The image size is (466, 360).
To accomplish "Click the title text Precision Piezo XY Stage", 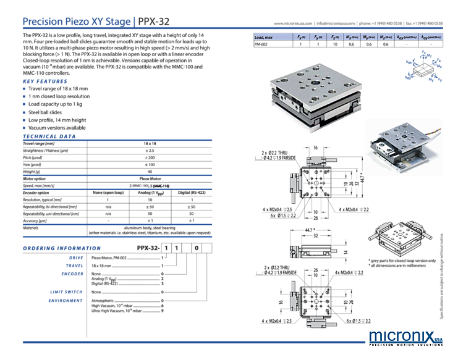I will click(76, 22).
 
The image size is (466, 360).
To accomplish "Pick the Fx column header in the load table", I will click(300, 37).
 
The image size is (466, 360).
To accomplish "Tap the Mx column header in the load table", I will click(351, 37).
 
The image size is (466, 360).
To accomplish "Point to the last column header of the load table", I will click(431, 37).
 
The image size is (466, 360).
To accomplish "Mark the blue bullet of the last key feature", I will click(24, 127).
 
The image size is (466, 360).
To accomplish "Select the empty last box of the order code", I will click(208, 248).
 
